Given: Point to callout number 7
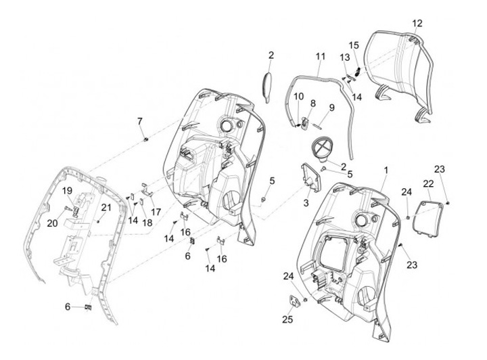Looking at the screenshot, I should click(140, 121).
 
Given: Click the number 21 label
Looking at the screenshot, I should click(106, 207).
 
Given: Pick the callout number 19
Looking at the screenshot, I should click(68, 192).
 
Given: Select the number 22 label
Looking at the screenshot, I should click(428, 183).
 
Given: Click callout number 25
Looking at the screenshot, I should click(287, 319).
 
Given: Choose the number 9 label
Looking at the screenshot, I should click(332, 108).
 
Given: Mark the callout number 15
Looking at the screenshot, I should click(354, 45).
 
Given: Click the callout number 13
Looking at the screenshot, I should click(345, 57).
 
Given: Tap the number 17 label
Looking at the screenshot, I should click(156, 212).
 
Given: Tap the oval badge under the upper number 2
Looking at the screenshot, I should click(267, 85).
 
